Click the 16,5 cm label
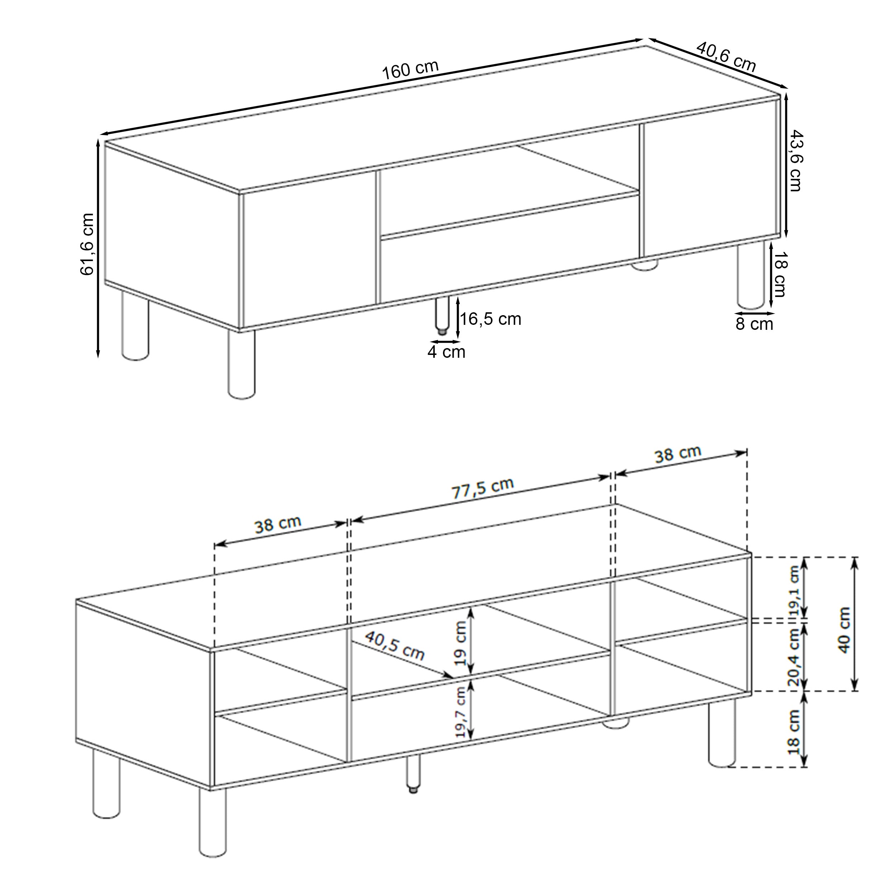490,319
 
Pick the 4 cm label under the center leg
446,352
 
